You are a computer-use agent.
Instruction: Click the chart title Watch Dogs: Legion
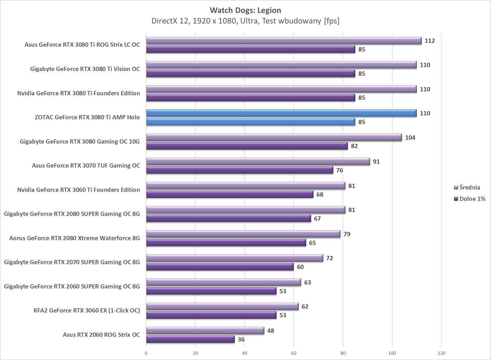click(x=245, y=10)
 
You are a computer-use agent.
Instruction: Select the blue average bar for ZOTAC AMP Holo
click(x=281, y=113)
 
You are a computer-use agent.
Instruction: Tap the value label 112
click(x=429, y=41)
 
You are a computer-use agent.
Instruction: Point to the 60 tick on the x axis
click(x=294, y=353)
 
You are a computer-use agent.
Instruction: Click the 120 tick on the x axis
click(x=441, y=353)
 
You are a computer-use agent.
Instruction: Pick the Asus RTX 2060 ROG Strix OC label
click(x=101, y=335)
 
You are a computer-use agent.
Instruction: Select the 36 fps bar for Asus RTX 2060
click(x=190, y=339)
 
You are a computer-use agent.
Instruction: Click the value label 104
click(x=410, y=138)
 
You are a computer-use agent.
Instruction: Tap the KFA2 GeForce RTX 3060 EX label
click(x=87, y=311)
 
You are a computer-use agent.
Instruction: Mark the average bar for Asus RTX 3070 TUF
click(x=258, y=162)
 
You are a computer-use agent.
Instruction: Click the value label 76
click(x=339, y=170)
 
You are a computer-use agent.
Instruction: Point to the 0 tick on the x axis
click(x=146, y=353)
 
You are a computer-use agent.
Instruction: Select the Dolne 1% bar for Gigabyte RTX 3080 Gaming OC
click(x=247, y=146)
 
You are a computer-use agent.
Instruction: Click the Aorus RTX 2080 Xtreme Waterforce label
click(x=74, y=238)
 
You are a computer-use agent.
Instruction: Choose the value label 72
click(x=329, y=258)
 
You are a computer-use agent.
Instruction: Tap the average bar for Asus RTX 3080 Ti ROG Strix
click(x=284, y=41)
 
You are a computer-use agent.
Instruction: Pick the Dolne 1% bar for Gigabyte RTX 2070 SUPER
click(x=220, y=267)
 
